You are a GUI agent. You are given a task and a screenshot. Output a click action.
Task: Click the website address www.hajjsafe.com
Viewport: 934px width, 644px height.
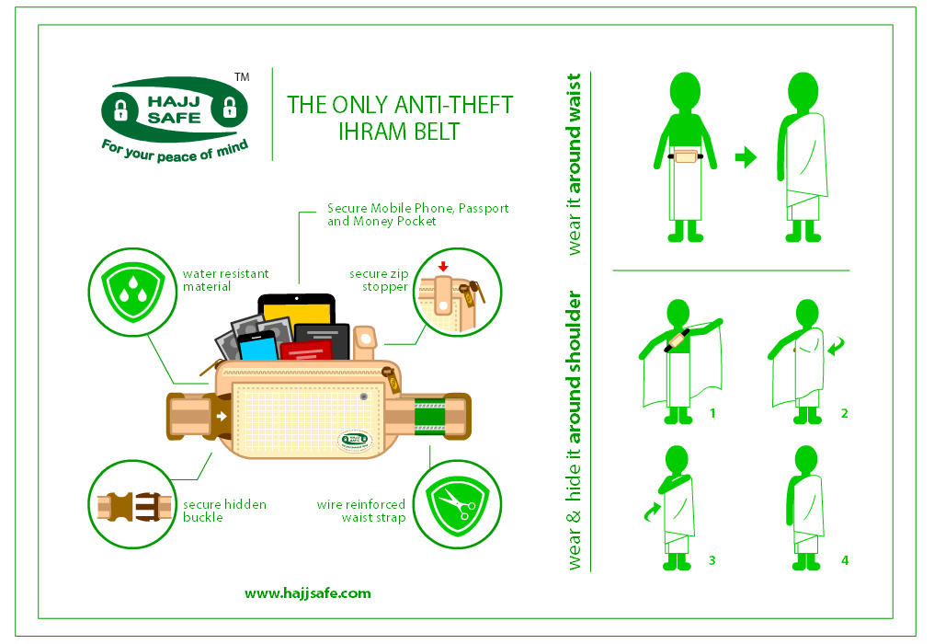(x=307, y=593)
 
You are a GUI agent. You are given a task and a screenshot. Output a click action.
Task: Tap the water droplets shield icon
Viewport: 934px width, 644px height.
(x=132, y=291)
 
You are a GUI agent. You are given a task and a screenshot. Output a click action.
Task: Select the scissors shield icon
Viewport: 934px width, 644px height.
(x=458, y=504)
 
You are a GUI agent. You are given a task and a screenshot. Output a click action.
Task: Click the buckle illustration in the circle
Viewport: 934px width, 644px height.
(x=134, y=506)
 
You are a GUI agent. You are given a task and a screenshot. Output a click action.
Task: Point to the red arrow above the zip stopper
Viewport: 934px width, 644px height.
(x=442, y=266)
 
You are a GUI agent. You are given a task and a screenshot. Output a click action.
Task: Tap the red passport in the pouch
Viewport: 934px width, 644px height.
(x=306, y=351)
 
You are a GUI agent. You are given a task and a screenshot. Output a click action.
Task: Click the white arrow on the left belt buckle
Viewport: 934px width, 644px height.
(x=222, y=416)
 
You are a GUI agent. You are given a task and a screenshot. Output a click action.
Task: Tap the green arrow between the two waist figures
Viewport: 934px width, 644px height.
(x=746, y=157)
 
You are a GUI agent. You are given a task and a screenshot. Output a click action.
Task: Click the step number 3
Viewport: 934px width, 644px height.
(x=712, y=560)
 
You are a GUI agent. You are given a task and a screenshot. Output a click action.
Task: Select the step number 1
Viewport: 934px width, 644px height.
(x=712, y=413)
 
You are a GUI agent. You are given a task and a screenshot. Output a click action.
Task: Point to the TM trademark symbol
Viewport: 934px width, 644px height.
(x=242, y=77)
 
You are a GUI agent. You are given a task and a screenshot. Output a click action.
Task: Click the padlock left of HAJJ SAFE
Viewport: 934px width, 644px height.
(x=121, y=109)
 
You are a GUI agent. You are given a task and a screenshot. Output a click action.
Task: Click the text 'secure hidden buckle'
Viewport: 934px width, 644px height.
(x=224, y=511)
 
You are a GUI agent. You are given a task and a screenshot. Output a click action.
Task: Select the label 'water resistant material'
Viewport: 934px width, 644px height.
(x=226, y=280)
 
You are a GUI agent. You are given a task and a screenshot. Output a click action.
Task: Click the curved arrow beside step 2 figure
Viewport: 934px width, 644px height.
(x=836, y=345)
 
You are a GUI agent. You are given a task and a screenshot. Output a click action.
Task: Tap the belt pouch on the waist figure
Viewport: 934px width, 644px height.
(x=686, y=156)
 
